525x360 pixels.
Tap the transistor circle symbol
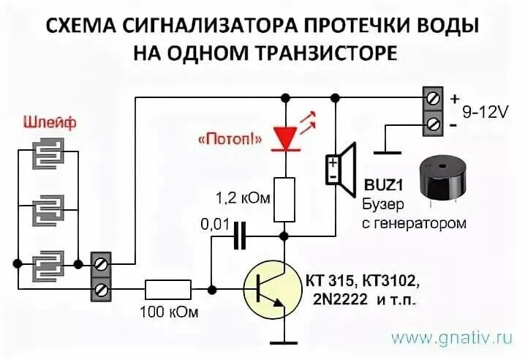[272, 290]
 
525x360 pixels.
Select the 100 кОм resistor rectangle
[168, 289]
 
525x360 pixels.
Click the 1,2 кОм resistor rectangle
[284, 199]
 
